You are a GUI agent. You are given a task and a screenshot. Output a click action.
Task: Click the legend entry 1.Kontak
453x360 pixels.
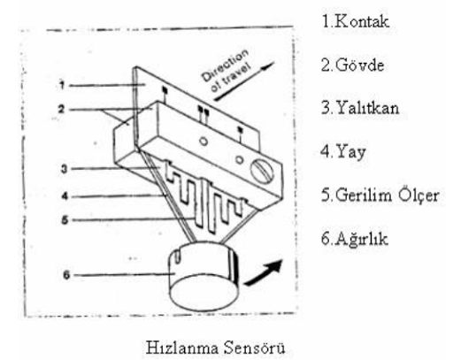coord(356,21)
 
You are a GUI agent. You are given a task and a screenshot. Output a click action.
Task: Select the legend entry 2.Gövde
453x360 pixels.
coord(352,65)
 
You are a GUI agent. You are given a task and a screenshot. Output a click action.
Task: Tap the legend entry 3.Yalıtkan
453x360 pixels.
coord(360,108)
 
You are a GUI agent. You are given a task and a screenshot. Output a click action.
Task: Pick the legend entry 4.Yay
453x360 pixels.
coord(343,152)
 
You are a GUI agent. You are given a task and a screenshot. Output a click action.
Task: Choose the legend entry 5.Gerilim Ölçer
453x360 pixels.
coord(380,195)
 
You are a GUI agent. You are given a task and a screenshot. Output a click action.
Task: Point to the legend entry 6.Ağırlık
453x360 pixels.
coord(354,238)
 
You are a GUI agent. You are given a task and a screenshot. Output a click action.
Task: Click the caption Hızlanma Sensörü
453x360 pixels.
coord(215,348)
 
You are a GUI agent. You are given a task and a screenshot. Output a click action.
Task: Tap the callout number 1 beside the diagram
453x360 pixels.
coord(62,85)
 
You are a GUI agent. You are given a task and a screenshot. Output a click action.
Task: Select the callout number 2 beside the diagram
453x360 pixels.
coord(61,109)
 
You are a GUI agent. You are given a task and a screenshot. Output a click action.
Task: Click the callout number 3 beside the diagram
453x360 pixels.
coord(64,169)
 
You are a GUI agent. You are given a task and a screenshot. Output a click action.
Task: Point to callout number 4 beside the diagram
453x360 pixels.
coord(65,195)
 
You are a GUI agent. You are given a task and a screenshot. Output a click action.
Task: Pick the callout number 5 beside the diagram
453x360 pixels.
coord(65,220)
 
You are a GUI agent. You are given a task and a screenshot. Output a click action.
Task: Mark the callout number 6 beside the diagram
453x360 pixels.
coord(66,275)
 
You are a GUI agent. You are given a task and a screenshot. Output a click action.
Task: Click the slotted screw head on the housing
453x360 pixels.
coord(262,172)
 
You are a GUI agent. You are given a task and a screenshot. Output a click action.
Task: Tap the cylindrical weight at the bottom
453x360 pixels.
coord(204,276)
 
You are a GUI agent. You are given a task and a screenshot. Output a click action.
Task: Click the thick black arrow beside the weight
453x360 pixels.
coord(264,273)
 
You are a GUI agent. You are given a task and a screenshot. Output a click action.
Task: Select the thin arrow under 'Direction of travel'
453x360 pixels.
coord(244,81)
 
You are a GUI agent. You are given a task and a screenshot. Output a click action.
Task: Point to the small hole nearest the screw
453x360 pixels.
coord(240,160)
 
